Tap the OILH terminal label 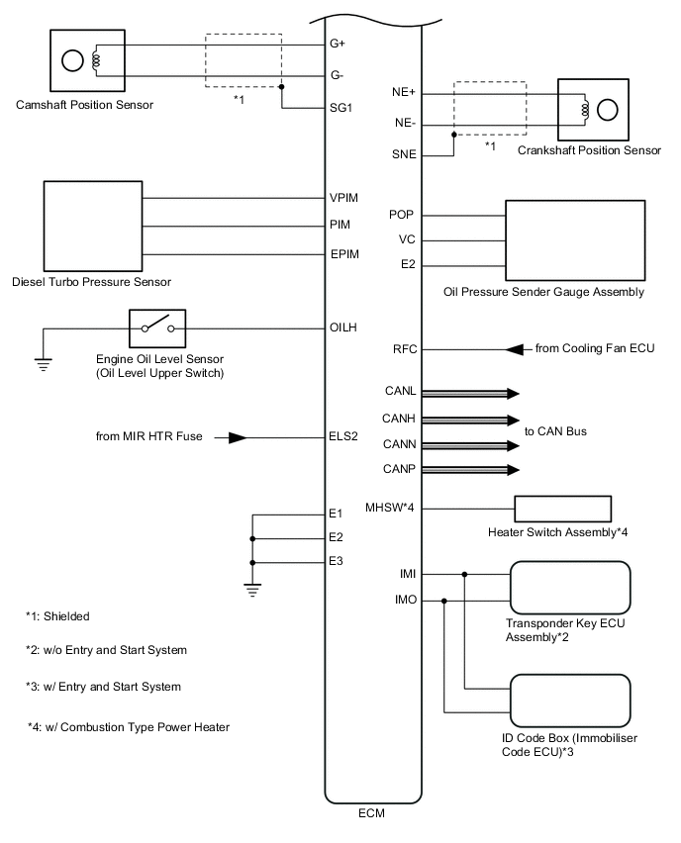[343, 327]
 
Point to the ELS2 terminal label [343, 436]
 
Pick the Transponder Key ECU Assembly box [570, 588]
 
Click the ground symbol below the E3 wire [253, 591]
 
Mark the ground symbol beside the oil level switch [43, 362]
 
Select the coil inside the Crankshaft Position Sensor [585, 109]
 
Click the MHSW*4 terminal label [387, 509]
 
